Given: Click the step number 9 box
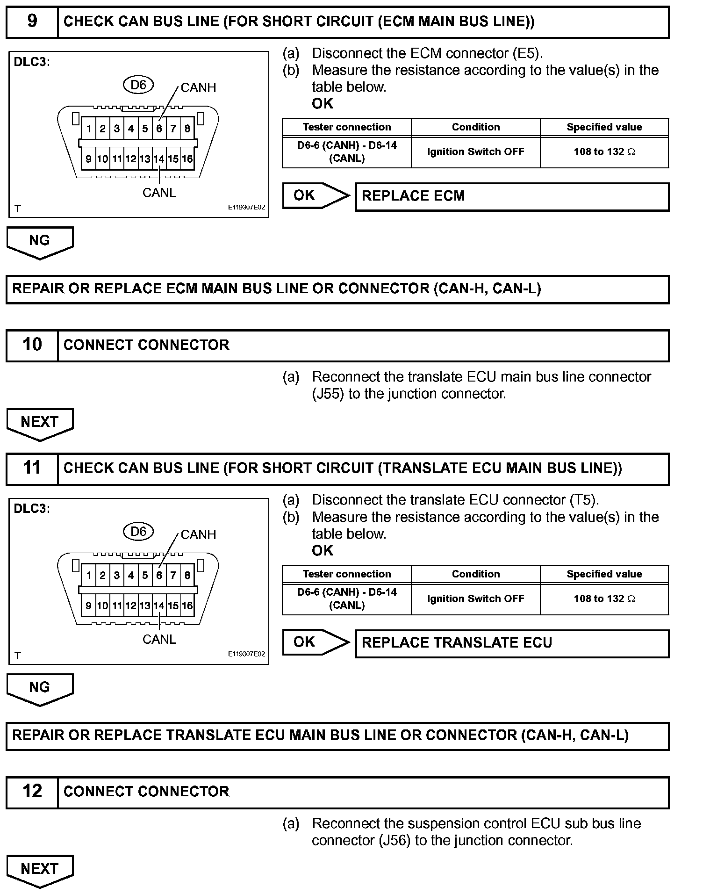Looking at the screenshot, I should pos(32,22).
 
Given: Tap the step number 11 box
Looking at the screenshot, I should pos(32,469).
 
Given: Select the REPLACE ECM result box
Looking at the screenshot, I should pos(512,196).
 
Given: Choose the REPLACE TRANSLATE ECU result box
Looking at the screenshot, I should pos(512,643).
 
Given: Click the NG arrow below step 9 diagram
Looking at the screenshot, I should pos(40,242).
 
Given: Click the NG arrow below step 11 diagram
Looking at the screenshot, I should pos(40,688).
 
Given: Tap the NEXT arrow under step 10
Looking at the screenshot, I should pos(40,423).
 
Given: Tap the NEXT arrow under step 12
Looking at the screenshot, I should pos(40,870).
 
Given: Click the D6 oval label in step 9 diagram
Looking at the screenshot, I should pos(138,85).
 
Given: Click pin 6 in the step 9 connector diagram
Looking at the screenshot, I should pos(159,129).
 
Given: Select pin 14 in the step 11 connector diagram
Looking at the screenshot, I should pos(159,606).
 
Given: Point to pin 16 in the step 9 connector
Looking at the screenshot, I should pos(187,159).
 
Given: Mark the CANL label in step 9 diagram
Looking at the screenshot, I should pos(159,193).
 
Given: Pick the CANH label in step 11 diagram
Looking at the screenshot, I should pos(198,534).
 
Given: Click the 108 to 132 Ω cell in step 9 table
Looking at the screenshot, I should pos(604,152).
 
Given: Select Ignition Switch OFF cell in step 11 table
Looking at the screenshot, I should pos(475,599).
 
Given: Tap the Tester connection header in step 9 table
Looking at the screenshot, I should pos(346,127).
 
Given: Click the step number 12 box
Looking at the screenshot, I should pos(32,792).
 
